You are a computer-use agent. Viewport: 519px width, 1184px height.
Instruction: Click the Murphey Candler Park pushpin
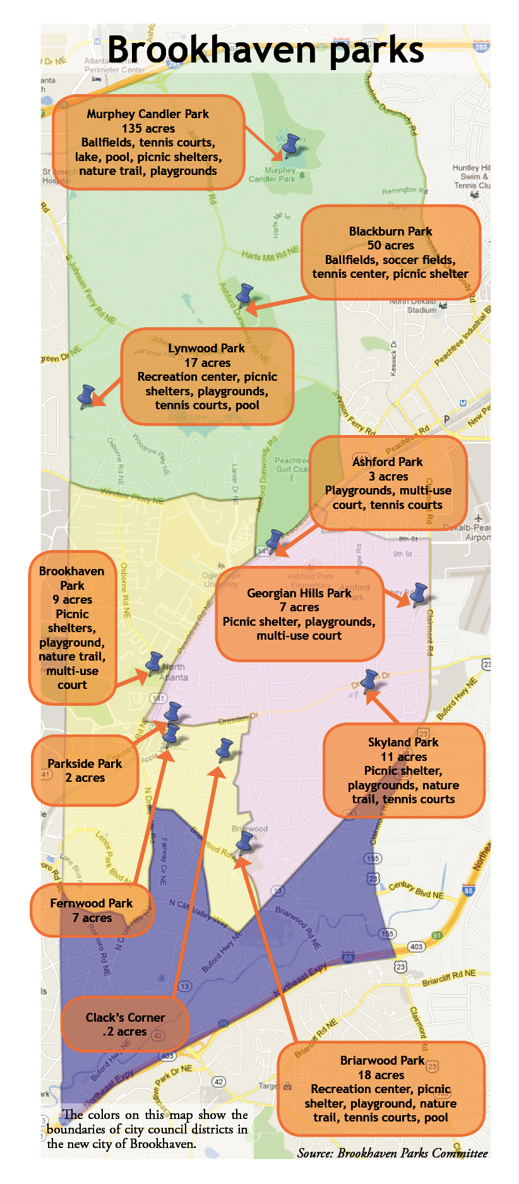point(290,145)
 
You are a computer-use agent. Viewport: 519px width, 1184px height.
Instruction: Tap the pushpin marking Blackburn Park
point(244,294)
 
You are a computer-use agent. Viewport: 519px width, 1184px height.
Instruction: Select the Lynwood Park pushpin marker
point(86,396)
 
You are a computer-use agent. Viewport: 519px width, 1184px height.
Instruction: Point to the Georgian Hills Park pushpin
point(418,594)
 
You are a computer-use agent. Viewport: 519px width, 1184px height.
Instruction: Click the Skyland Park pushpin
point(369,681)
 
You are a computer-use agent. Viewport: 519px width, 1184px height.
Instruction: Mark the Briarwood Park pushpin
point(244,842)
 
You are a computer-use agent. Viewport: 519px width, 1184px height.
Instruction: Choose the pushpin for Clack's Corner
point(224,749)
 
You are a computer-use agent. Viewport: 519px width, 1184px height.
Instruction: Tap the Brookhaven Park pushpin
point(153,662)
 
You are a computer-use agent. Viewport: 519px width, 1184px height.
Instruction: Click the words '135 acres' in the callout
point(148,128)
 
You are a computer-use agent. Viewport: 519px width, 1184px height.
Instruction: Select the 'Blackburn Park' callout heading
point(390,231)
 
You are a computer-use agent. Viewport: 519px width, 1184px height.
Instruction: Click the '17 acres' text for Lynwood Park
point(207,362)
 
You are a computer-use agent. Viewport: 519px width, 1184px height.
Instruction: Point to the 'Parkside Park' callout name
point(85,763)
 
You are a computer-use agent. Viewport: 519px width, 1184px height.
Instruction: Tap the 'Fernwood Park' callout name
point(92,903)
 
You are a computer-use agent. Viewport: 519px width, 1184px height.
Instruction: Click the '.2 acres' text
point(124,1031)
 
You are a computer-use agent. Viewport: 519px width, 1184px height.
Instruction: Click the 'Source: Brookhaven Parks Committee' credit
point(392,1153)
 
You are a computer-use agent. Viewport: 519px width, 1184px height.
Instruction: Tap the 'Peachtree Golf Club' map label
point(292,465)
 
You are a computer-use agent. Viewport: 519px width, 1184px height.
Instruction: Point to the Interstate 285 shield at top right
point(481,47)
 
